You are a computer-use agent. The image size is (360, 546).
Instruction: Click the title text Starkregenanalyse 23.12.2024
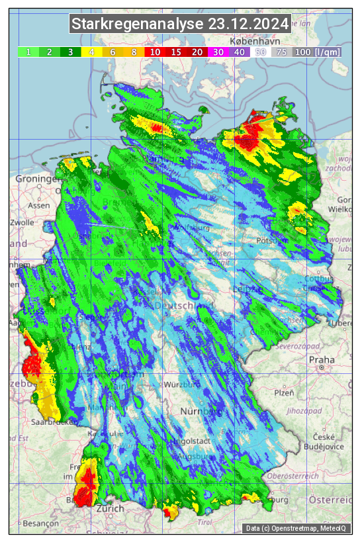click(180, 24)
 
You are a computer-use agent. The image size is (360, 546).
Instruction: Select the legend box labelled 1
click(28, 52)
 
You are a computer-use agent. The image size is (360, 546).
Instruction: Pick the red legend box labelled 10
click(156, 52)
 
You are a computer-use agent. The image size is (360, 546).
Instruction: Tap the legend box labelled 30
click(218, 52)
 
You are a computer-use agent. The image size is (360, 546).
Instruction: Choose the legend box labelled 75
click(281, 52)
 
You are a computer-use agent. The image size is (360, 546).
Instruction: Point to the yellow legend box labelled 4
click(92, 52)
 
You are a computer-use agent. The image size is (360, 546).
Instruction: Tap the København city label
click(249, 41)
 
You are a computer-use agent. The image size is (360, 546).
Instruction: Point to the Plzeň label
click(284, 392)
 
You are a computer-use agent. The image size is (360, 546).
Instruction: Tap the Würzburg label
click(182, 385)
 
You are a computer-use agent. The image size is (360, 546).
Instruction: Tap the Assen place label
click(40, 205)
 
